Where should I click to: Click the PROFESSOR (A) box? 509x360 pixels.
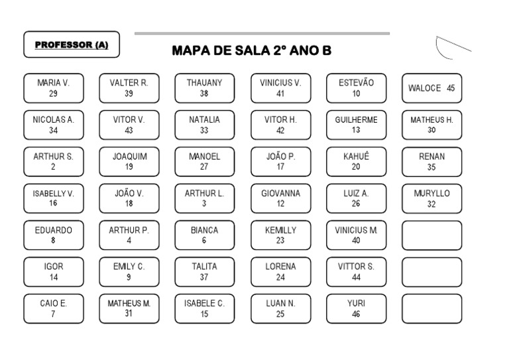72,45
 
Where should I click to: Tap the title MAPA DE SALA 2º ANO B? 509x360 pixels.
252,51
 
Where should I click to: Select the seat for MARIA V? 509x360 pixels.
54,88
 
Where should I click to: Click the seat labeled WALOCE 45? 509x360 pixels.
431,88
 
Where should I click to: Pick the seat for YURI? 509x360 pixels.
356,308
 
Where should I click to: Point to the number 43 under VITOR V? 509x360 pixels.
129,131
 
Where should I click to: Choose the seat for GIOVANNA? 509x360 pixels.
280,198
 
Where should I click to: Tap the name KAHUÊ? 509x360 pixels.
356,157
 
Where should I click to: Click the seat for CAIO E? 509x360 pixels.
54,308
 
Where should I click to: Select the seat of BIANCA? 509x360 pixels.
204,235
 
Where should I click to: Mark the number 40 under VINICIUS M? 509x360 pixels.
356,241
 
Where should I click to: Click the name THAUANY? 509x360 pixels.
204,84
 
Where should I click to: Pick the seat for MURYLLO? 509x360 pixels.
431,198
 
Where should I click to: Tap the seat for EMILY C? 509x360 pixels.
129,272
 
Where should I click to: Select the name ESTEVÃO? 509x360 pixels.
356,84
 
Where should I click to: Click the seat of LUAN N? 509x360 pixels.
280,308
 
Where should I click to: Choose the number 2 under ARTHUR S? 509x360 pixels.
53,167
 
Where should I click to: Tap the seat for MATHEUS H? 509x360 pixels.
431,125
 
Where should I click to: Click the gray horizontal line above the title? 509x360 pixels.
262,33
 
